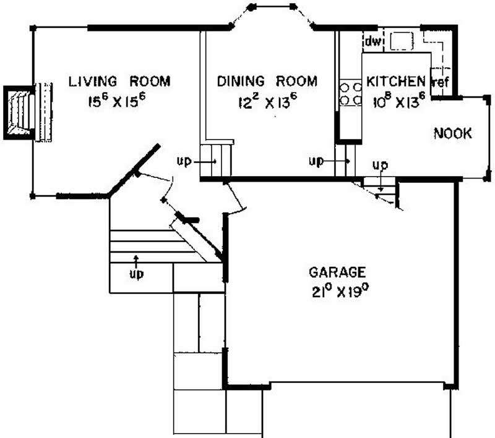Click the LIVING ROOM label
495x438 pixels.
point(119,82)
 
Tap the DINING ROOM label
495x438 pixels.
point(267,82)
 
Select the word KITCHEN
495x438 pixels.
point(396,82)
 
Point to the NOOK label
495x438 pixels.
point(453,133)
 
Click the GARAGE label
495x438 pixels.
point(337,272)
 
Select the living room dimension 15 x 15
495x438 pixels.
point(117,101)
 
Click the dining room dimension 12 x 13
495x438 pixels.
point(267,101)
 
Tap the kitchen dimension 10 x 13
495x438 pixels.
point(399,101)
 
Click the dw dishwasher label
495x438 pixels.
point(373,41)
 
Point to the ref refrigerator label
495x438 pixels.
point(441,83)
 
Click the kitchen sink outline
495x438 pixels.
point(402,41)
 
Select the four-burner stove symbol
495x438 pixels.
point(351,93)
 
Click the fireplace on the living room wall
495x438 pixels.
point(19,113)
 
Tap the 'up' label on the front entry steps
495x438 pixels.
point(137,274)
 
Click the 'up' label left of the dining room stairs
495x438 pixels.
point(184,162)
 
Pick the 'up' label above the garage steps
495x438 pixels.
point(380,165)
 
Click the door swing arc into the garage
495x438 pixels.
point(237,198)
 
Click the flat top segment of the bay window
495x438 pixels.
point(272,6)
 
